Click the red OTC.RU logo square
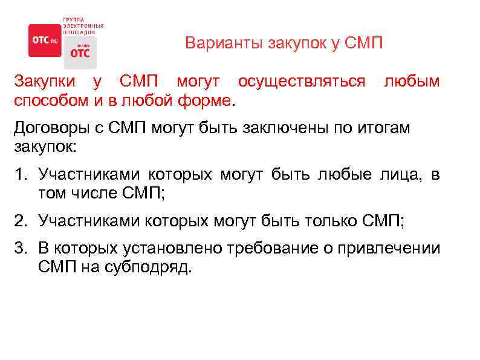pos(45,41)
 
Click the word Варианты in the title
pos(214,44)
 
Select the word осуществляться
pos(301,81)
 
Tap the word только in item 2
pos(331,221)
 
